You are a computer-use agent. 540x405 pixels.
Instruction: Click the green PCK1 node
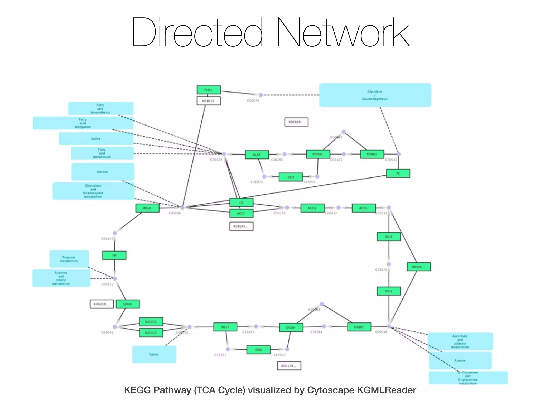point(208,90)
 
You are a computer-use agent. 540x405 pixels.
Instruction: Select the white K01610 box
point(208,101)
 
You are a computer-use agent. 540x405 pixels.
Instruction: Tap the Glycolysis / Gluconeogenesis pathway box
point(375,95)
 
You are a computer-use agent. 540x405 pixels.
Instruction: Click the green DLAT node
point(257,155)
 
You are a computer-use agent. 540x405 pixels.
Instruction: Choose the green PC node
point(398,173)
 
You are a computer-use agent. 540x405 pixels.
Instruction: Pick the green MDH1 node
point(147,208)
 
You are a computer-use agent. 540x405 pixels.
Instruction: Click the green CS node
point(241,202)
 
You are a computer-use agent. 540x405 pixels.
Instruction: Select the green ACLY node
point(241,213)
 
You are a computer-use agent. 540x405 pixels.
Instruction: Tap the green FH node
point(114,255)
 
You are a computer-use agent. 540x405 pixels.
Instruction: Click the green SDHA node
point(128,304)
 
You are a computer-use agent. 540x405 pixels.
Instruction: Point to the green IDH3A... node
point(418,267)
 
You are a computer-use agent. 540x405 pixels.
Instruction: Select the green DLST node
point(225,327)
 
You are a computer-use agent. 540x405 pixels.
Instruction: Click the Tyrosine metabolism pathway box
point(69,259)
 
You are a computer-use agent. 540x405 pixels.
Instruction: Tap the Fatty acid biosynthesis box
point(100,109)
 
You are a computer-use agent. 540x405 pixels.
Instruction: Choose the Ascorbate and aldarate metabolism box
point(460,341)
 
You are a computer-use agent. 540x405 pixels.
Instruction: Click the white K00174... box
point(289,366)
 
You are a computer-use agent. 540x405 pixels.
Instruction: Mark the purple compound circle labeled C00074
point(261,95)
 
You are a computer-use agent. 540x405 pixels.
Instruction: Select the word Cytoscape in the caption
point(331,390)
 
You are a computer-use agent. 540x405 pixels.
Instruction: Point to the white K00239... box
point(102,304)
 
